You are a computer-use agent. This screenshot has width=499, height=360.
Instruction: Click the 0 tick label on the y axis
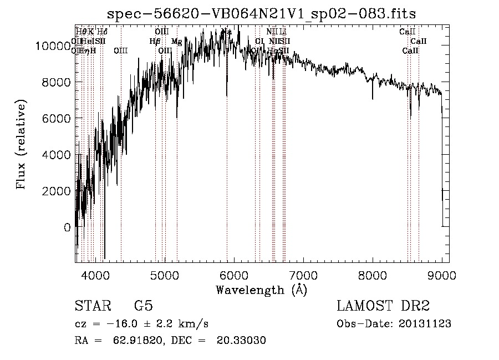pos(68,227)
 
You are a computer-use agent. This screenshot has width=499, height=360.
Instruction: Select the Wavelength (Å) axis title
pos(261,290)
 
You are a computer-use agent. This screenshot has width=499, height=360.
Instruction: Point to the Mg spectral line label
pos(176,42)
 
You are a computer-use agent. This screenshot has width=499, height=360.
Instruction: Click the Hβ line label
pos(155,42)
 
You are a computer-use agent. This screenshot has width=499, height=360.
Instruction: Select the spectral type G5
pos(143,306)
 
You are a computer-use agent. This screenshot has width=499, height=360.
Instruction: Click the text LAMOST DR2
pos(383,306)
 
